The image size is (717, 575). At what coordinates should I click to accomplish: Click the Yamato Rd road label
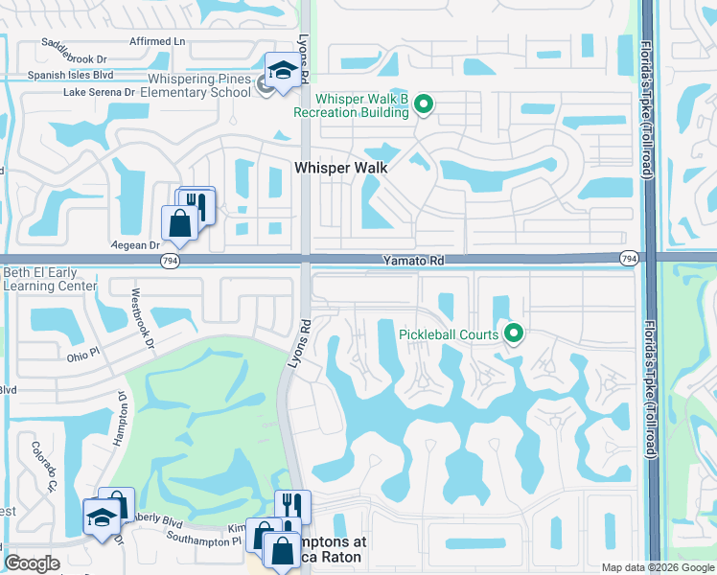[x=411, y=260]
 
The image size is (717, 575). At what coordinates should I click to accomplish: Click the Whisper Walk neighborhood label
[x=340, y=167]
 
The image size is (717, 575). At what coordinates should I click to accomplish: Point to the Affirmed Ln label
[x=157, y=41]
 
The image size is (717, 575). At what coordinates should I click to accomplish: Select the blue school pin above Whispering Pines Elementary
[x=283, y=70]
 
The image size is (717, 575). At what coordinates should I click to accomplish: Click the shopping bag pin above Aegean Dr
[x=179, y=222]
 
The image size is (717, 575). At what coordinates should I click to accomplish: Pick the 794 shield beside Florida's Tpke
[x=629, y=259]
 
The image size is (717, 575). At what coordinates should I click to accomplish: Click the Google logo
[x=33, y=563]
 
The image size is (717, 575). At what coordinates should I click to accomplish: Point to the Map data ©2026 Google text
[x=657, y=567]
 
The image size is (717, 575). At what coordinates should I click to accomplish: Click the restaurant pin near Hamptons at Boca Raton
[x=292, y=504]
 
